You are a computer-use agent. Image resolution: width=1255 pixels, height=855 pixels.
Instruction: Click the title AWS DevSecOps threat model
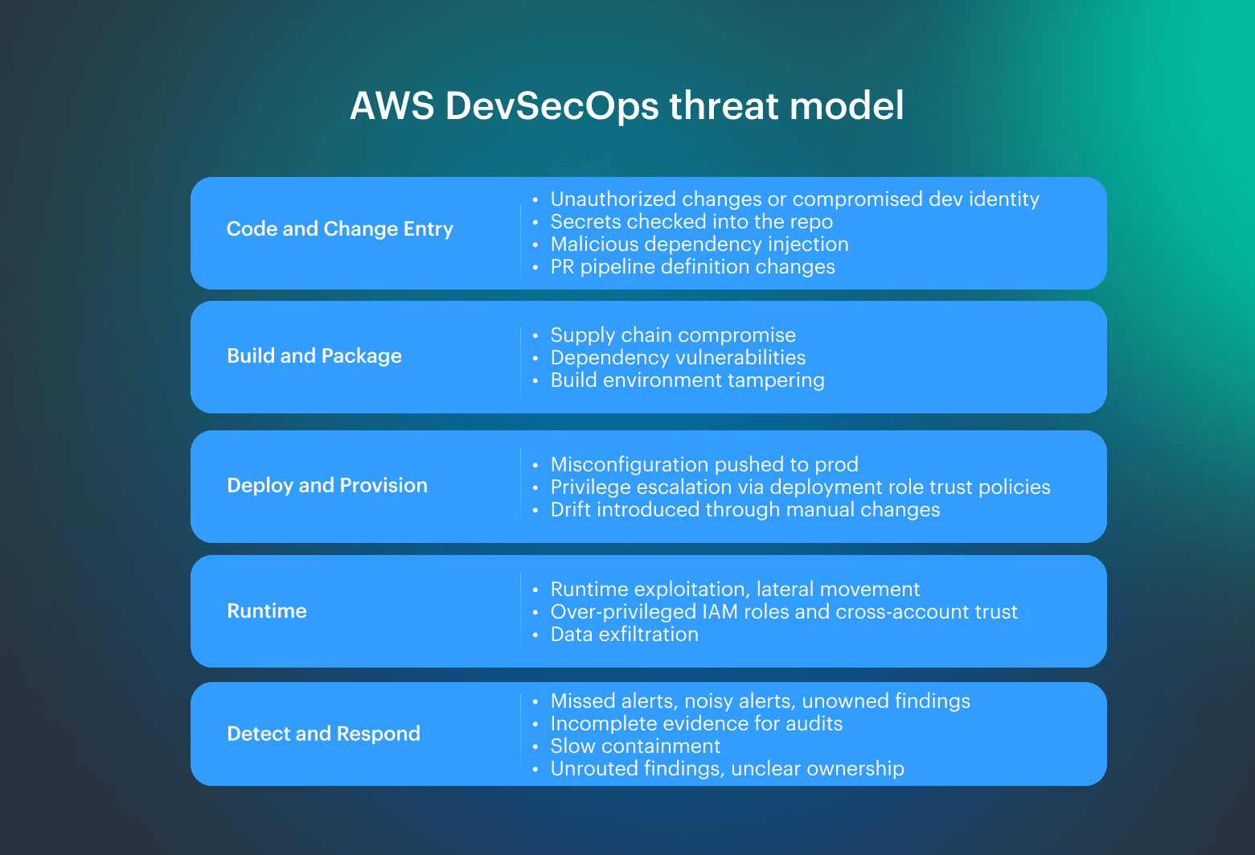click(626, 106)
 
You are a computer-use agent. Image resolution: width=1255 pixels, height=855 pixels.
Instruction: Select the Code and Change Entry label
click(339, 229)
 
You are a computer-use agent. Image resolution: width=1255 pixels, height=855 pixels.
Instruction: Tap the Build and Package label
click(314, 356)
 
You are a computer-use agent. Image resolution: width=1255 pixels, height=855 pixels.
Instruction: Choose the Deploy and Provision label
click(327, 486)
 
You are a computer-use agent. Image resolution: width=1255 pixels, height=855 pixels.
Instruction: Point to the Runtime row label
click(267, 611)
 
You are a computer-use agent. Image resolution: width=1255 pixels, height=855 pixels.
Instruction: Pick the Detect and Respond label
click(323, 734)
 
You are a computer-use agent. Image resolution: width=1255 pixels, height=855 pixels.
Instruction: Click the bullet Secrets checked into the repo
click(691, 222)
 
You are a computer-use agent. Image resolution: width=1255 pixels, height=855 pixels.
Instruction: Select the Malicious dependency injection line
click(699, 245)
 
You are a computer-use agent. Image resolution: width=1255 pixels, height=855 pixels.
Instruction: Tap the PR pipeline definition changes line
click(692, 267)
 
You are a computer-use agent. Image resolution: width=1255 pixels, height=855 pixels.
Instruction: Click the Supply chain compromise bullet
click(673, 335)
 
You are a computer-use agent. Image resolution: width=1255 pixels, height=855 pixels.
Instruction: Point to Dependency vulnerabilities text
click(678, 358)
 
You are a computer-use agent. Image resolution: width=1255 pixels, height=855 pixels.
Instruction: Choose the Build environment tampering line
click(687, 380)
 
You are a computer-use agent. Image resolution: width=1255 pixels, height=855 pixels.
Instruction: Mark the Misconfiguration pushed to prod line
click(704, 465)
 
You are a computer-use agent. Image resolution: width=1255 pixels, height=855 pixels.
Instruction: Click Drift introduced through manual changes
click(745, 510)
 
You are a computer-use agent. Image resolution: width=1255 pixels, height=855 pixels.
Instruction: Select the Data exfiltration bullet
click(625, 635)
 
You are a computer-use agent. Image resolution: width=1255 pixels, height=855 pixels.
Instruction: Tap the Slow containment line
click(635, 746)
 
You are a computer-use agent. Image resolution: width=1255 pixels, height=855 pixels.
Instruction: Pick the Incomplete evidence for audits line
click(696, 724)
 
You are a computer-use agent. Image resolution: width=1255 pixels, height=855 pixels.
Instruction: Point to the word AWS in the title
click(392, 106)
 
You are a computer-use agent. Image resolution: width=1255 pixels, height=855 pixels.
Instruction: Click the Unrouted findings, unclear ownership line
click(727, 769)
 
